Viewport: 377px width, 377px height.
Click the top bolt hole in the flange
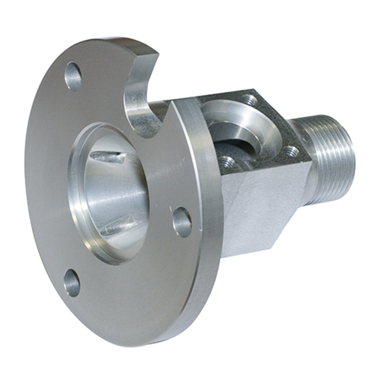click(73, 77)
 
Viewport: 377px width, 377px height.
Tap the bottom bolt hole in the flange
click(72, 283)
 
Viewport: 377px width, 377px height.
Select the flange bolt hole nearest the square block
click(182, 222)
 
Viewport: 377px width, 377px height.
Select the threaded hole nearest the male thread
click(291, 152)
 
